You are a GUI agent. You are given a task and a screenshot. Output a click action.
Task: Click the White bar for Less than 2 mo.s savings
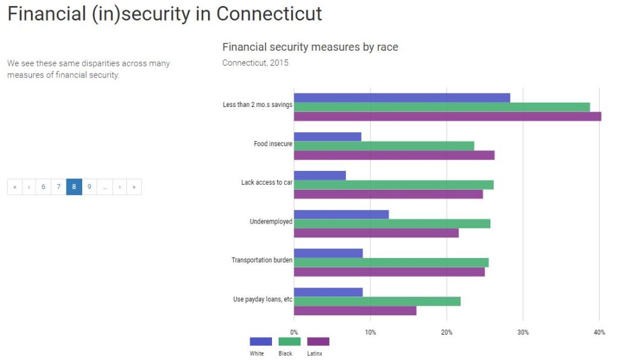(401, 98)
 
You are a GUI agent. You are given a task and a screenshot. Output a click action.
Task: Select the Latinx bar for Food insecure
(394, 155)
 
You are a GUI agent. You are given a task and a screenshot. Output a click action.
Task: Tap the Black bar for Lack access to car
(394, 185)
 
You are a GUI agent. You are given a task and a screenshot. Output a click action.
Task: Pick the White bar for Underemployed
(341, 214)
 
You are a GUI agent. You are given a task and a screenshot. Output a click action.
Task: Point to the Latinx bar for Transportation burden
(389, 272)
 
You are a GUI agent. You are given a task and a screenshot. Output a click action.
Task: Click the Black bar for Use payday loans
(377, 301)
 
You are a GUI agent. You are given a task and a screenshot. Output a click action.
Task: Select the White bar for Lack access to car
(319, 175)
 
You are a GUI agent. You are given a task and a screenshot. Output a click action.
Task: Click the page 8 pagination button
(74, 187)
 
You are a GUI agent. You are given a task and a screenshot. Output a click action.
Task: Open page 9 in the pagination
(89, 187)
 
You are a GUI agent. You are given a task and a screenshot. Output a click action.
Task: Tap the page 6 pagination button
(44, 187)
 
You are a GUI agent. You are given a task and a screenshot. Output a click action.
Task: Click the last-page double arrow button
(134, 187)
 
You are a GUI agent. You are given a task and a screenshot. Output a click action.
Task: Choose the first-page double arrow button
(15, 187)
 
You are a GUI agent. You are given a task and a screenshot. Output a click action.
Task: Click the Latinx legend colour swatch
(318, 342)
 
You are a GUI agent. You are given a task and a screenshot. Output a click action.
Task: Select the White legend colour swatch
(261, 342)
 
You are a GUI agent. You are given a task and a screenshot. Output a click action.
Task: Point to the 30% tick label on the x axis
(523, 332)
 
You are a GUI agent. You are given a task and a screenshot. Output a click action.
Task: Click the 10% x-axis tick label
(370, 332)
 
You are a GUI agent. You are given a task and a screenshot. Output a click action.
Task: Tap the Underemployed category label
(271, 222)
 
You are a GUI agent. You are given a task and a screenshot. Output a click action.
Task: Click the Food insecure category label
(273, 144)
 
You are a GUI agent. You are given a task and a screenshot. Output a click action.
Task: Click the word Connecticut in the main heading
(269, 14)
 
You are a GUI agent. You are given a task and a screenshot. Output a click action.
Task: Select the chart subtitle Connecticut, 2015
(255, 63)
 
